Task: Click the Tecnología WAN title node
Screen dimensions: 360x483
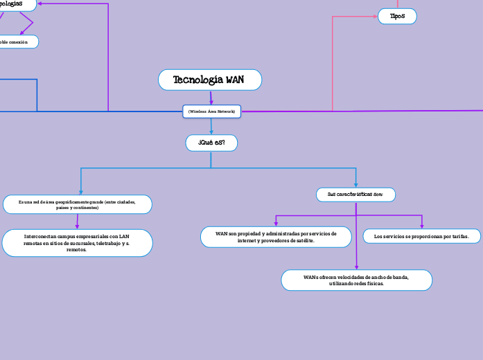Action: (210, 80)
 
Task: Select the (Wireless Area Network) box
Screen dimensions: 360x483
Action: (211, 111)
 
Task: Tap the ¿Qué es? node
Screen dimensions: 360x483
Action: (211, 143)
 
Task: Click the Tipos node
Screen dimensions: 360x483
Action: (397, 16)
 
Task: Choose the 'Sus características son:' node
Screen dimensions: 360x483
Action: (355, 195)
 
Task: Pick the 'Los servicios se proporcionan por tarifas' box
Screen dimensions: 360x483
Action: (421, 236)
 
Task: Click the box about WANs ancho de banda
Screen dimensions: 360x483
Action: (356, 280)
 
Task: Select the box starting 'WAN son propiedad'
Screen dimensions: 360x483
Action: (276, 237)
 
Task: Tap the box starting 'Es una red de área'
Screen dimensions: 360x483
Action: (78, 204)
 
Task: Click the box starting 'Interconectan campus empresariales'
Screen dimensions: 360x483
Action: (77, 242)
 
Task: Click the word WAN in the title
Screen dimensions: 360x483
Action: (235, 80)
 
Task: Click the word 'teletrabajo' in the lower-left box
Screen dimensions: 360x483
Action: (111, 242)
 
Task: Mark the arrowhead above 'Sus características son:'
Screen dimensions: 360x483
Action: (356, 185)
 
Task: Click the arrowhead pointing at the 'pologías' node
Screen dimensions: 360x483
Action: (40, 3)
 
